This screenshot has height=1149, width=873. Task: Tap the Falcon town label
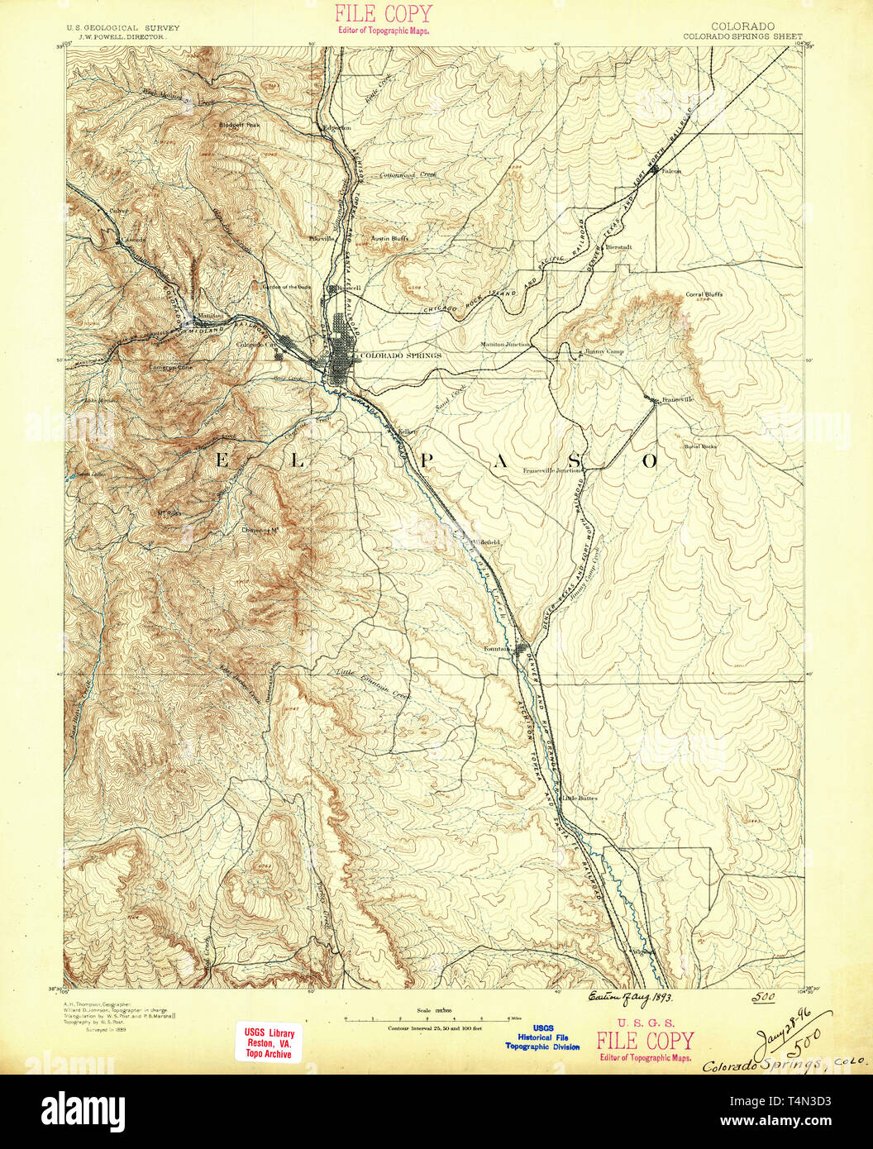670,171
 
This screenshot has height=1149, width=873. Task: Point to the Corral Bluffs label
704,294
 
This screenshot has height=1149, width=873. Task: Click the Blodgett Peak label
239,125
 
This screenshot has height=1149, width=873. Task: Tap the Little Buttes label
580,798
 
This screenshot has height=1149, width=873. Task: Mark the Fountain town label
495,649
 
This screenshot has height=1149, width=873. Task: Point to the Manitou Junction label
505,345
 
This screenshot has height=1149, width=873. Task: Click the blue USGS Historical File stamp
542,1039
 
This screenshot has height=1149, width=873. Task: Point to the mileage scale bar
423,1020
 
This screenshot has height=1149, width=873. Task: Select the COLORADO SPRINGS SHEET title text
742,37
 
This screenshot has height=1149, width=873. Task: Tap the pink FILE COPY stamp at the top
383,19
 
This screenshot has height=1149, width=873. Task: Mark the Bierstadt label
618,247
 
